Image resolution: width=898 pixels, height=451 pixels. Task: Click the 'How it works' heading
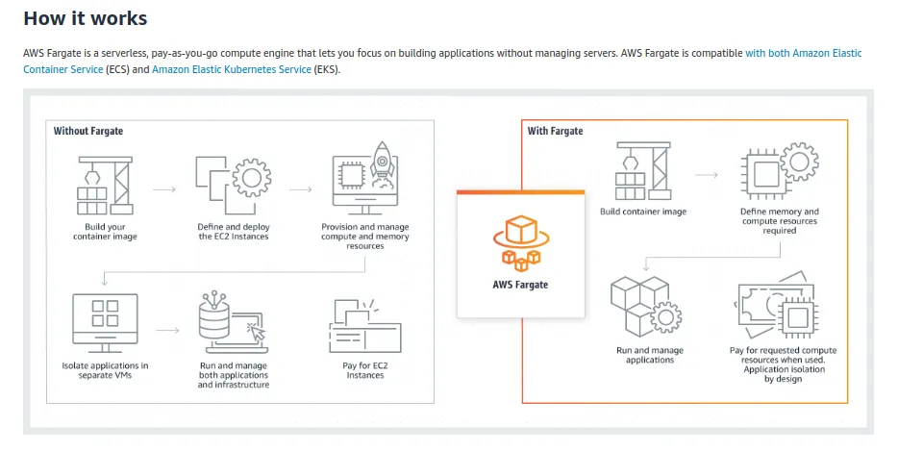click(x=85, y=18)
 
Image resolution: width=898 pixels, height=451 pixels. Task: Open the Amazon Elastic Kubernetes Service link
click(x=232, y=69)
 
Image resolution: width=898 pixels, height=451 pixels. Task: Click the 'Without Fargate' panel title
click(x=88, y=131)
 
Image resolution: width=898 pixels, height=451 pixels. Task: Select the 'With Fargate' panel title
click(x=555, y=131)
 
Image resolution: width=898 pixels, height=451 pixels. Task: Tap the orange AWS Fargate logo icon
click(x=520, y=241)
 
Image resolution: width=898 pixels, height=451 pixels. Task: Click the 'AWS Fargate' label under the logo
click(x=520, y=285)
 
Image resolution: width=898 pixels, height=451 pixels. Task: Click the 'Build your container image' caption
click(x=105, y=232)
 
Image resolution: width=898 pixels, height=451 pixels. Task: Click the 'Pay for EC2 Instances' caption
click(x=364, y=369)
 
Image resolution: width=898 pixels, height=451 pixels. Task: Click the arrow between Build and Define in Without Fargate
click(x=164, y=188)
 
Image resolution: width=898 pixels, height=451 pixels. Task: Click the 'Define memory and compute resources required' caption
click(x=779, y=221)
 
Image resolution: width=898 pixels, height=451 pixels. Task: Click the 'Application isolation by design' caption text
click(x=783, y=374)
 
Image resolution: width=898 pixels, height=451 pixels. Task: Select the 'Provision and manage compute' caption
click(x=364, y=237)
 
